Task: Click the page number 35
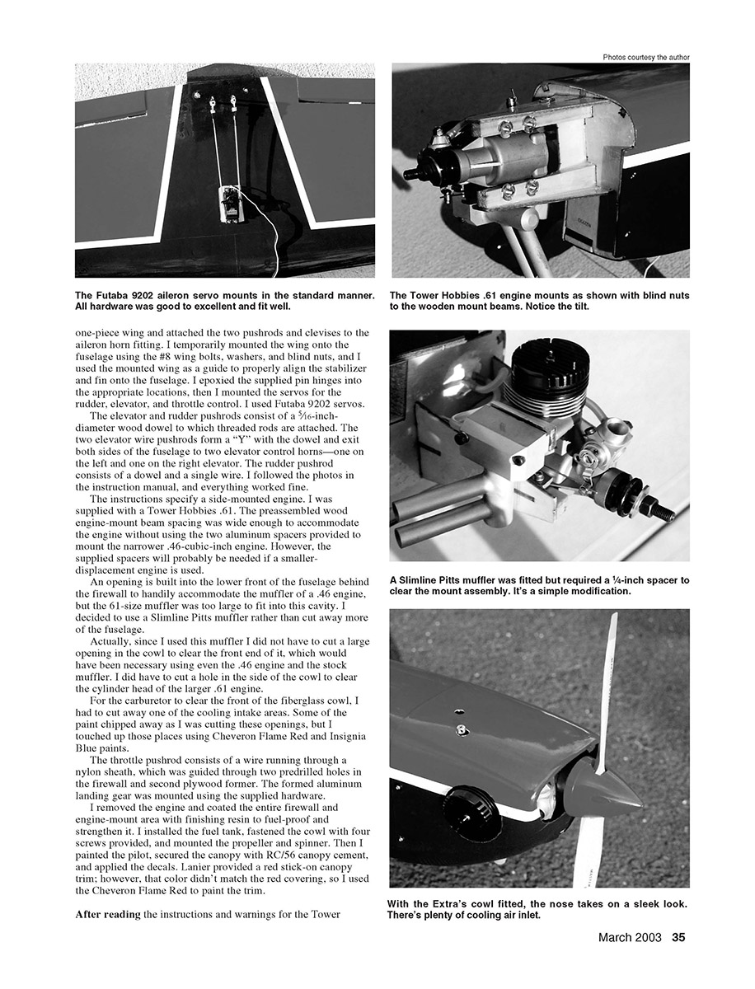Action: tap(678, 936)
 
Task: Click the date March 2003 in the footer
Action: tap(630, 936)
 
